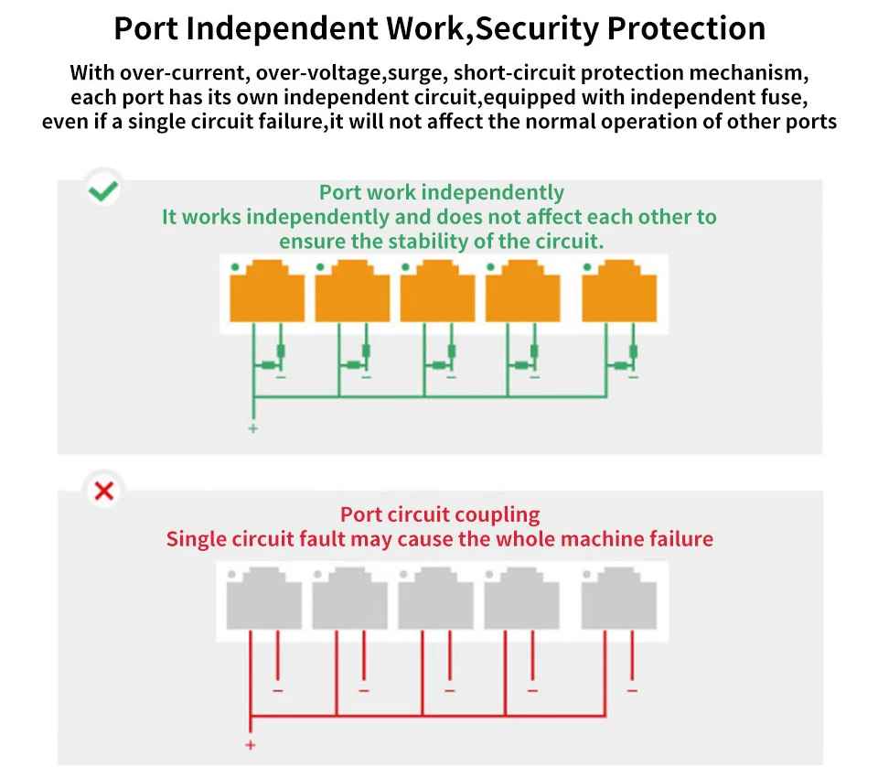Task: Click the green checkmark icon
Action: tap(102, 190)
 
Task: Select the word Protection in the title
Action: tap(687, 28)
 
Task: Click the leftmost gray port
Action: tap(264, 599)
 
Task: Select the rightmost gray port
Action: tap(618, 599)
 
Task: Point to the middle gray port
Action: tap(435, 599)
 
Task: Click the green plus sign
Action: tap(253, 428)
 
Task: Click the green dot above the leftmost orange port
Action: tap(235, 266)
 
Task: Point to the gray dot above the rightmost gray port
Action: tap(589, 575)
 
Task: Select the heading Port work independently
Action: tap(441, 192)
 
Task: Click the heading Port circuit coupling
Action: tap(440, 514)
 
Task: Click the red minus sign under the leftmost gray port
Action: tap(278, 689)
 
